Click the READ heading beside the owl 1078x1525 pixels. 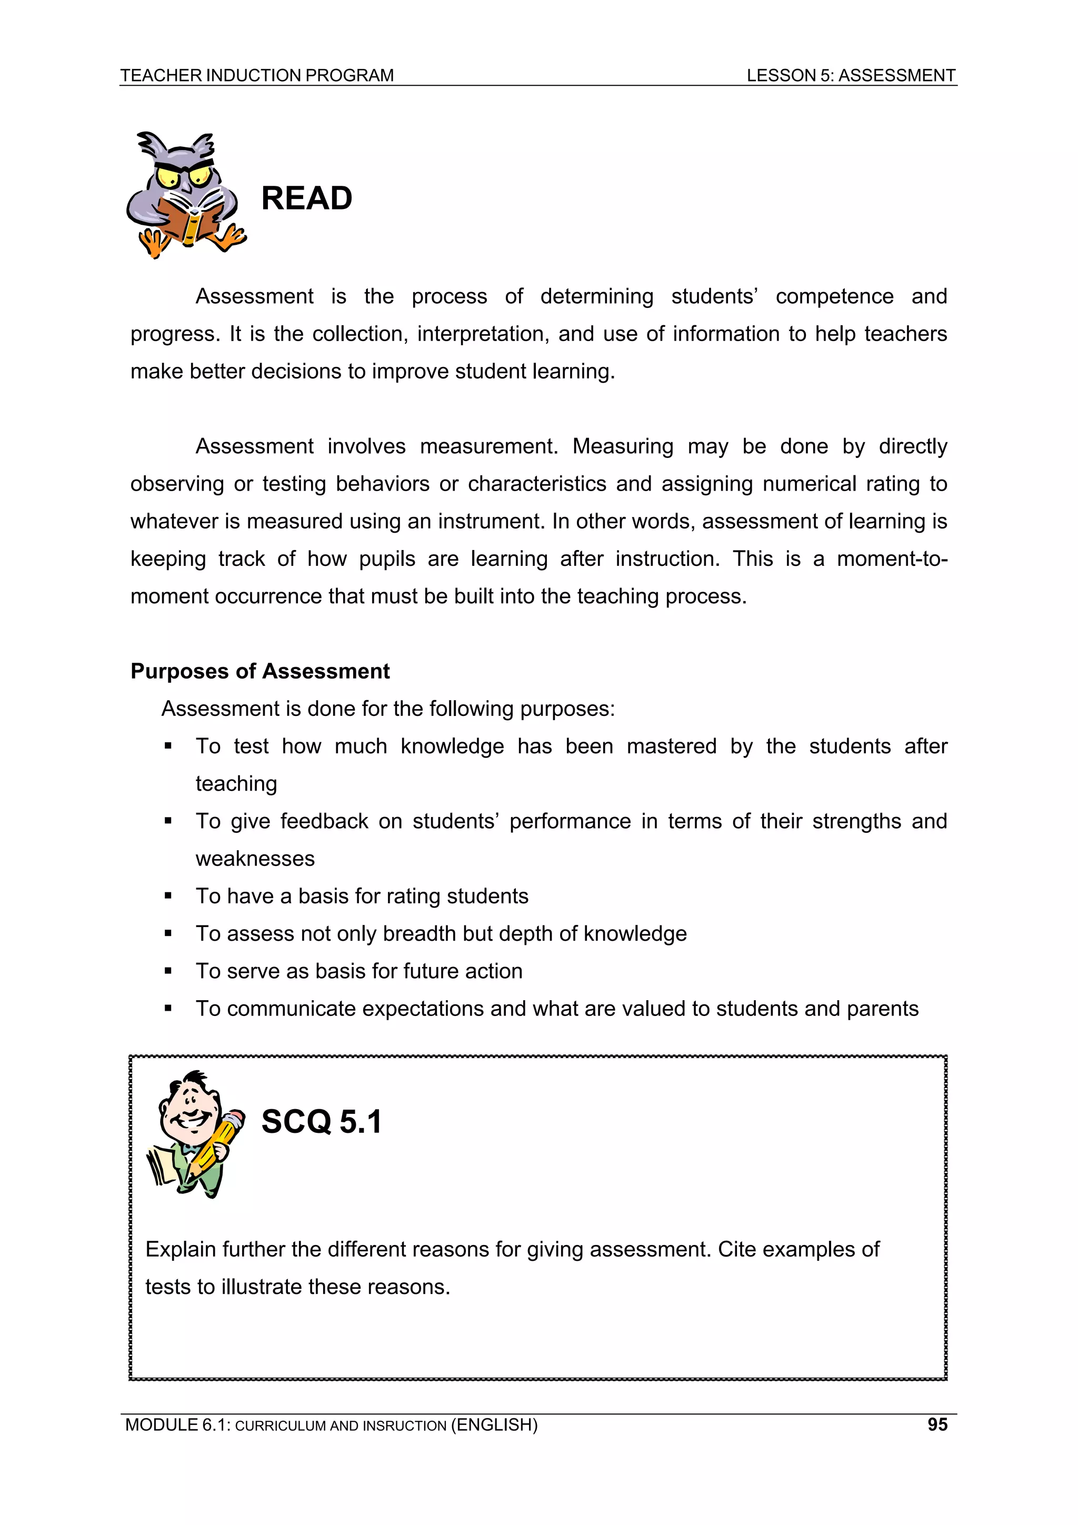(306, 198)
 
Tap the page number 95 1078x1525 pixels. (937, 1424)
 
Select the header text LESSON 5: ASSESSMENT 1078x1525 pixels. (850, 75)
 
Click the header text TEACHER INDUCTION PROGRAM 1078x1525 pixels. (257, 75)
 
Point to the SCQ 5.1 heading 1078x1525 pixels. (322, 1122)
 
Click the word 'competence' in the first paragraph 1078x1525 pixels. (834, 296)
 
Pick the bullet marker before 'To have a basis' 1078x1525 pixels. (168, 896)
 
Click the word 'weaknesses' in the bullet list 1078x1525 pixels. (255, 859)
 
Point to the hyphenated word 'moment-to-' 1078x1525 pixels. (891, 559)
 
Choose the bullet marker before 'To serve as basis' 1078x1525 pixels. (168, 972)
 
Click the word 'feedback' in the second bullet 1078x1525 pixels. (324, 822)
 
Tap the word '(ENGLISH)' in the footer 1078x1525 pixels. (494, 1424)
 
